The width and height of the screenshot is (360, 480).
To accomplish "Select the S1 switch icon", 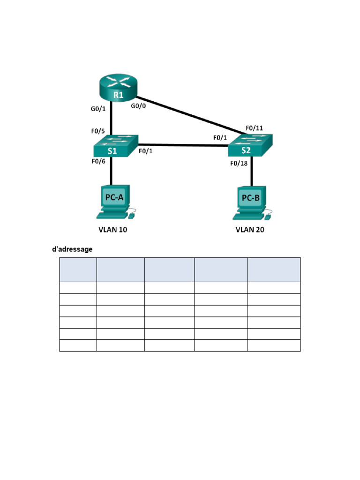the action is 116,146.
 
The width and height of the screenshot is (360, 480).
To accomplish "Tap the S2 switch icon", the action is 250,145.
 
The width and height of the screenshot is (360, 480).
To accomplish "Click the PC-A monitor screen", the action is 114,197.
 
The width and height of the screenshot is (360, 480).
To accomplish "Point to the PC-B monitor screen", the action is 251,198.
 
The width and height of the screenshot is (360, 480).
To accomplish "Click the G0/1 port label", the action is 98,109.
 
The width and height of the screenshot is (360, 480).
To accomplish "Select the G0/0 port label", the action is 138,106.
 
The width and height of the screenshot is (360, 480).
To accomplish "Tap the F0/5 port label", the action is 98,131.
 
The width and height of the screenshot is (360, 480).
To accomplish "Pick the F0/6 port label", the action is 98,161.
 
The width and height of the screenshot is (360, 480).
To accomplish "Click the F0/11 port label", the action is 255,128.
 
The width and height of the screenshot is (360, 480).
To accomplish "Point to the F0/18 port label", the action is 239,164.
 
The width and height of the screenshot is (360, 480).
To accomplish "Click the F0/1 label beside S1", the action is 146,151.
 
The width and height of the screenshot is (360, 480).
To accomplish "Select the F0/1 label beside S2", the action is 220,138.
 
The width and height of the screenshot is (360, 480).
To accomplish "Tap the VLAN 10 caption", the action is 112,230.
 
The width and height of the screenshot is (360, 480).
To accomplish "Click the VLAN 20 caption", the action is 250,230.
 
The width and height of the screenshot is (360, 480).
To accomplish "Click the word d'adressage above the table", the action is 72,249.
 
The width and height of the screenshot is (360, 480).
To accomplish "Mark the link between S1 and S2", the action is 183,145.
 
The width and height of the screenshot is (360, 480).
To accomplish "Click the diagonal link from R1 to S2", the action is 191,115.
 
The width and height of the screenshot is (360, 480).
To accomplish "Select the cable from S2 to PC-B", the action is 252,171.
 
